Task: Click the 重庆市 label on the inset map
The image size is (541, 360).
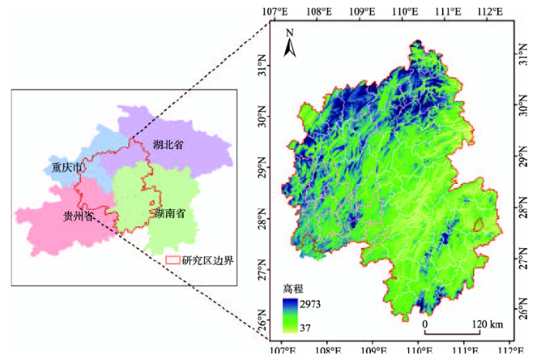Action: point(66,166)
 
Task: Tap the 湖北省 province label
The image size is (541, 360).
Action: point(168,144)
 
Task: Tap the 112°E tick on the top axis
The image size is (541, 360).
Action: point(490,11)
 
